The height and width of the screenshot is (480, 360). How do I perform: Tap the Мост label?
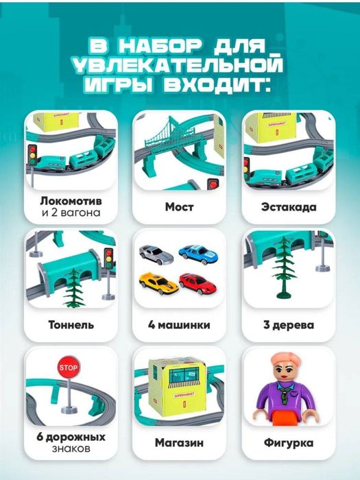(180, 206)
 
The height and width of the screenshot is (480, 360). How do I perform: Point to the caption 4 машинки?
(180, 325)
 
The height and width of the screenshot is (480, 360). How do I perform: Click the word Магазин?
(180, 443)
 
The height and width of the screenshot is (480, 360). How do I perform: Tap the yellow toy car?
(157, 281)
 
